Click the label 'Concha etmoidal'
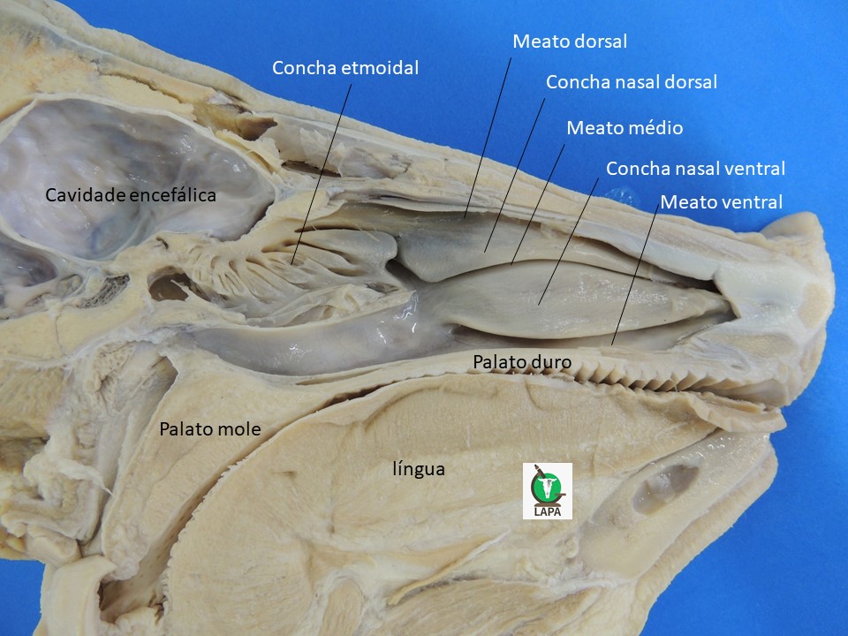point(345,68)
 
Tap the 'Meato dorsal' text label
point(570,41)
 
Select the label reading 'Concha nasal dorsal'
point(632,82)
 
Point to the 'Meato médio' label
point(625,127)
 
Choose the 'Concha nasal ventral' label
point(695,168)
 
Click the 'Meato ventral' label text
point(721,202)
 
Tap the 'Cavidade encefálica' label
point(131,195)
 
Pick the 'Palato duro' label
point(522,361)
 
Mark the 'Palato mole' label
point(209,429)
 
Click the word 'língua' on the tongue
point(419,469)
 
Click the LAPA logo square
point(548,491)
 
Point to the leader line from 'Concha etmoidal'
point(322,168)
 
